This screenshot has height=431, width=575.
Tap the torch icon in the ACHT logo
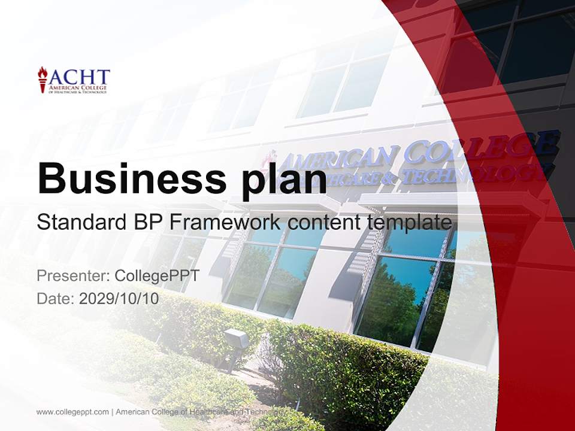[43, 79]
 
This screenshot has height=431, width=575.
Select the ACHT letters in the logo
[80, 77]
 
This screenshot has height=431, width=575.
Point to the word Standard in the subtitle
[79, 223]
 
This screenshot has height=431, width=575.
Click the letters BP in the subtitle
[146, 223]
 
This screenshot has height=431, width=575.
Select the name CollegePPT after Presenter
[157, 276]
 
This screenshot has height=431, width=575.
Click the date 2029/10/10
[119, 299]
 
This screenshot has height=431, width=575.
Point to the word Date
[54, 299]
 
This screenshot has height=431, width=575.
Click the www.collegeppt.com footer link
[72, 412]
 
